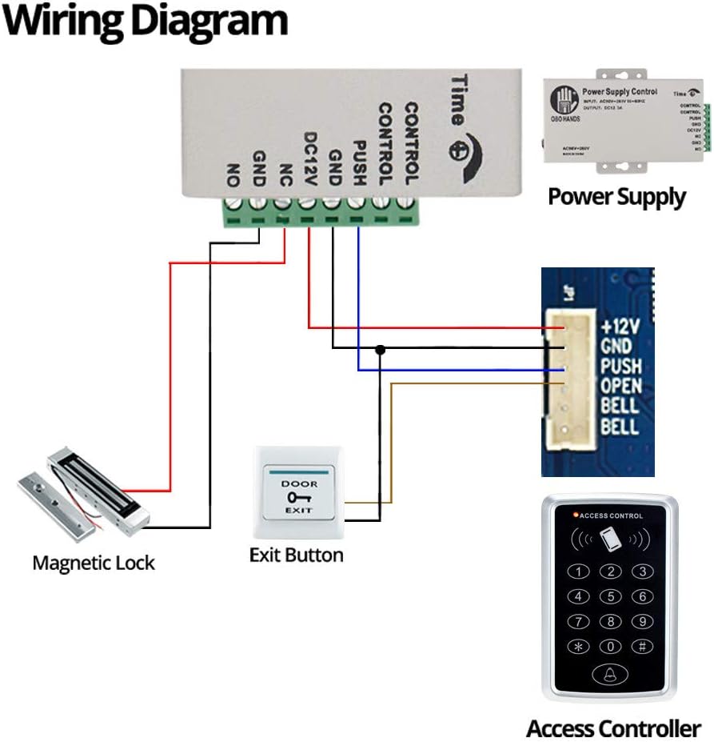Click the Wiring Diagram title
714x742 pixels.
click(145, 22)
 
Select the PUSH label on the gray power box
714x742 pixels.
click(359, 164)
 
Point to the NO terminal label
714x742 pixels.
click(234, 173)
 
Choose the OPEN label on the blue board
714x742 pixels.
click(620, 386)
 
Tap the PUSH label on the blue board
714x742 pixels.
click(620, 367)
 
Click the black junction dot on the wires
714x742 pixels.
click(381, 350)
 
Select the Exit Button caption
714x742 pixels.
click(296, 555)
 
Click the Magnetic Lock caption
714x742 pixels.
click(94, 563)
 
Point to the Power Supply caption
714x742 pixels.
click(616, 196)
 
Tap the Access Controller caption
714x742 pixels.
click(613, 728)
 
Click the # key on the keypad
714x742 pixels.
click(642, 647)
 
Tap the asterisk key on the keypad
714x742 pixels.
click(579, 647)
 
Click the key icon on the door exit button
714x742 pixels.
click(298, 497)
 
